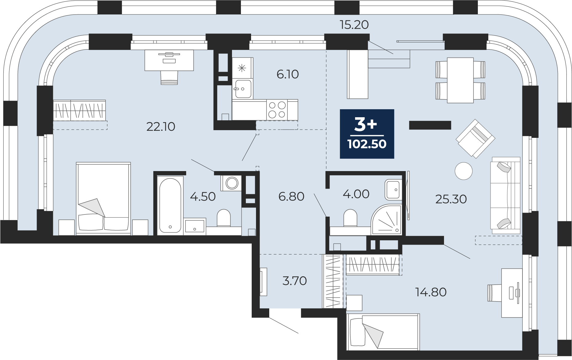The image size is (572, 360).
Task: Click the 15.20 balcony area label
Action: pos(354,25)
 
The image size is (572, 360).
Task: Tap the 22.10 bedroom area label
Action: pos(161,126)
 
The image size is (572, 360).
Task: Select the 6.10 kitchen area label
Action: pos(288,74)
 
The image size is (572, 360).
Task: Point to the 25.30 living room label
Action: pos(451,199)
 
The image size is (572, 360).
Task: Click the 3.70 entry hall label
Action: pos(294,281)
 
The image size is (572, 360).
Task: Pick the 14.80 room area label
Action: pos(431,292)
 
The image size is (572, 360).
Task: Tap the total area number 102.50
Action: pos(367,144)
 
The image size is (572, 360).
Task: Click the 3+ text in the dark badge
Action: pos(366,124)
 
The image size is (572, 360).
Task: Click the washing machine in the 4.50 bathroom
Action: pos(231,183)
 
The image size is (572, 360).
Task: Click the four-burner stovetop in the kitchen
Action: pos(277,110)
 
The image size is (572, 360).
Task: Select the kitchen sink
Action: pos(243,89)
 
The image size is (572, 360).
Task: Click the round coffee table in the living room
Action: pos(464,171)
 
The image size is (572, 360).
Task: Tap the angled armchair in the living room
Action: pos(475,138)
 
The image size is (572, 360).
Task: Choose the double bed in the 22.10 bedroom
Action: pos(103,199)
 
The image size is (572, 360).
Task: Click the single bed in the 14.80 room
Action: pos(383,332)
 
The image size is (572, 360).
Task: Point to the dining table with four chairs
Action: pos(460,80)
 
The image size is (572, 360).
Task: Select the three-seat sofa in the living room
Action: pos(505,195)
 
